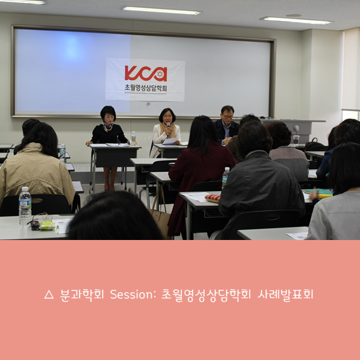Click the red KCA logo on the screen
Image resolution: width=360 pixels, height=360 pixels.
145,73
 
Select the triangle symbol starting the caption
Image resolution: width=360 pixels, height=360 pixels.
49,295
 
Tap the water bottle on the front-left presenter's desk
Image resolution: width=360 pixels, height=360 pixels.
133,138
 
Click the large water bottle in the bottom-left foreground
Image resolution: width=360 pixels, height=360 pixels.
25,206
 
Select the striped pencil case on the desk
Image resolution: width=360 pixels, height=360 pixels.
212,197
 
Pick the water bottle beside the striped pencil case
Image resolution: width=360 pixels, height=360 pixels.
226,178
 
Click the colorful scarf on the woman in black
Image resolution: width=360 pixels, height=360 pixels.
108,127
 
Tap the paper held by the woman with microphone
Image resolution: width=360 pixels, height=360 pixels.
170,141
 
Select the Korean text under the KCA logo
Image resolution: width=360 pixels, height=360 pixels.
145,89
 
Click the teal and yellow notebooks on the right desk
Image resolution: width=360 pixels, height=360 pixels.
322,193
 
